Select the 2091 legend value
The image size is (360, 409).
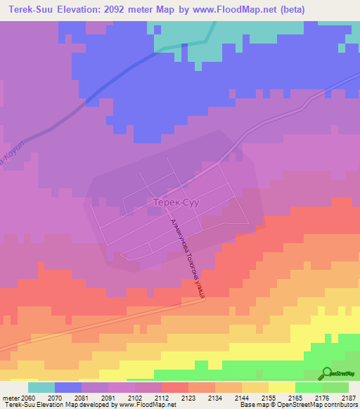(x=109, y=398)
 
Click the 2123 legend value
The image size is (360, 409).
(x=188, y=398)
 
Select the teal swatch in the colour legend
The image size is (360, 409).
(x=41, y=387)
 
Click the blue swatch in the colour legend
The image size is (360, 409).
(x=67, y=387)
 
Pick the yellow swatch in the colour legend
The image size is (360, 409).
(x=281, y=387)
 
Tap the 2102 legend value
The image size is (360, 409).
(x=136, y=398)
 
